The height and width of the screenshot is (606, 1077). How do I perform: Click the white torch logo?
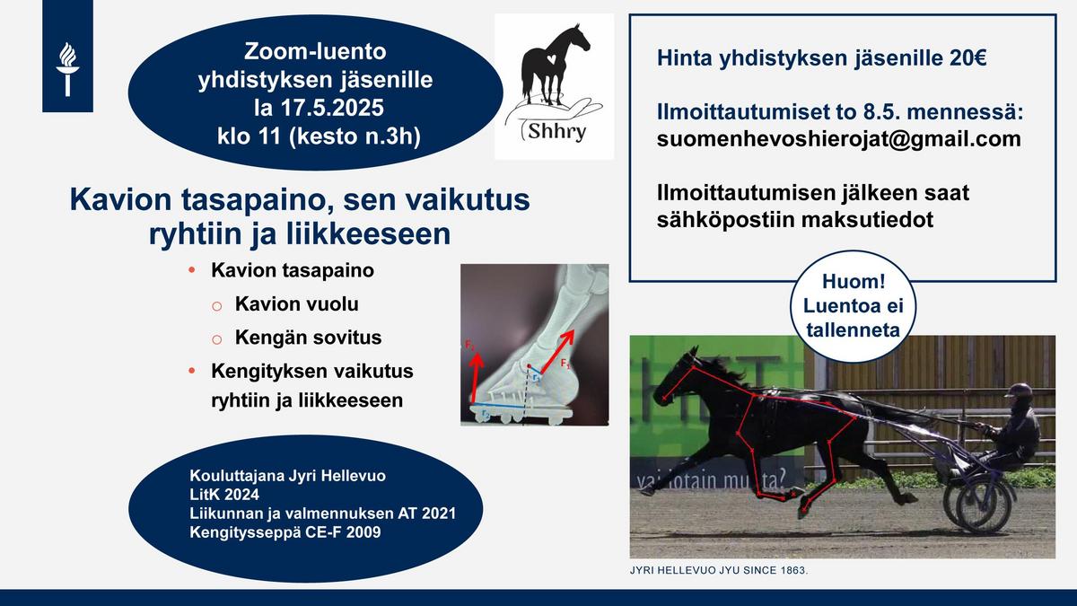click(67, 69)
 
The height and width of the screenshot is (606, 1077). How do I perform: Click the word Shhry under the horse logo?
click(556, 131)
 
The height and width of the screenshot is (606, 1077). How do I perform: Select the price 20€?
click(968, 58)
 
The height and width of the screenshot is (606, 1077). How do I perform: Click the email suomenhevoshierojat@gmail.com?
click(839, 139)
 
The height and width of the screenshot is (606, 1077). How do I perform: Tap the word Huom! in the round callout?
click(854, 281)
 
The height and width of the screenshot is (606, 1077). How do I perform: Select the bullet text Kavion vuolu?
click(297, 304)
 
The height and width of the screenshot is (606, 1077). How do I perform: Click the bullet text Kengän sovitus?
click(308, 338)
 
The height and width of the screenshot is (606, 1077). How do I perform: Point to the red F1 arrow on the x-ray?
click(557, 352)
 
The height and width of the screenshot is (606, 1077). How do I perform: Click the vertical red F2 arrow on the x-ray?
click(476, 378)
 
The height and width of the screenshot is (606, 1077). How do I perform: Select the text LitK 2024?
click(224, 495)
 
